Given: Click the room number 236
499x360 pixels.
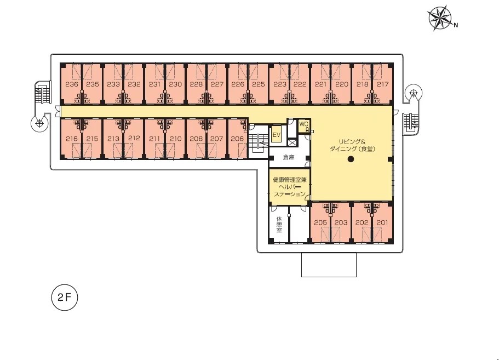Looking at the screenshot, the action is [x=72, y=84].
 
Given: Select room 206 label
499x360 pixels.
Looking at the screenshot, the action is [x=237, y=139].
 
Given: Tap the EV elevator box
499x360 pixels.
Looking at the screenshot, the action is [x=277, y=135].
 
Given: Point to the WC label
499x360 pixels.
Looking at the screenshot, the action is [x=303, y=124].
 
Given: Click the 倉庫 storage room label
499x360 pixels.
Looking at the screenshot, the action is [x=289, y=157].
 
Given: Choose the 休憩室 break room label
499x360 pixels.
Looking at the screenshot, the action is [x=279, y=225].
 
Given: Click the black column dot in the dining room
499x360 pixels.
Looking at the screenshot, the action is [x=351, y=159].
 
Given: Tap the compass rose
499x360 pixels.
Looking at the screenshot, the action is [x=439, y=19].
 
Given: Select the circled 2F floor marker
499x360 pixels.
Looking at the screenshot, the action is [x=64, y=298].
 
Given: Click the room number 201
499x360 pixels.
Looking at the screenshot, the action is [x=382, y=222].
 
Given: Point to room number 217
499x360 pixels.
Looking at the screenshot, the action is [x=382, y=84].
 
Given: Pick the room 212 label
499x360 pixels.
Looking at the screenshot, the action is [x=134, y=138].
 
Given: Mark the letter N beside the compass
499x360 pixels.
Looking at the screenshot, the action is [x=456, y=25].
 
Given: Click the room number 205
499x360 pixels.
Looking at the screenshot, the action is [x=320, y=222].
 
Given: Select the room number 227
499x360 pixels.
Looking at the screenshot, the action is [x=217, y=84].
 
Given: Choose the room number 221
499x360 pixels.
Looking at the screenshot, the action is [x=320, y=84].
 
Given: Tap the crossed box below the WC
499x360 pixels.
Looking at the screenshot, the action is [x=292, y=142].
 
